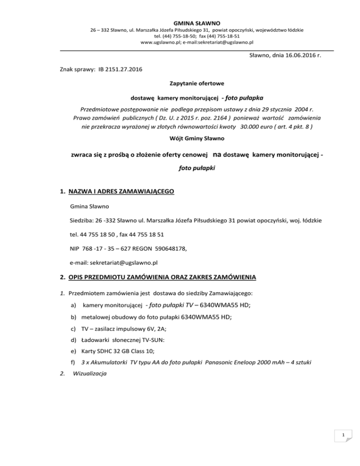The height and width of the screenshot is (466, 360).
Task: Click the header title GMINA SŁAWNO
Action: point(180,22)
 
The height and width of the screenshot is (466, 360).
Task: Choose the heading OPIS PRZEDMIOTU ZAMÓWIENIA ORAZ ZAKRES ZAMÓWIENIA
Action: point(162,278)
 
